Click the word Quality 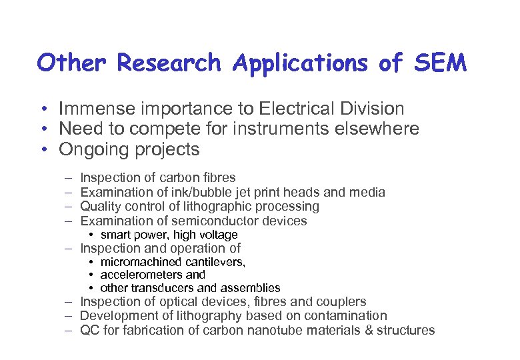point(101,206)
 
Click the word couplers point(341,301)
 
